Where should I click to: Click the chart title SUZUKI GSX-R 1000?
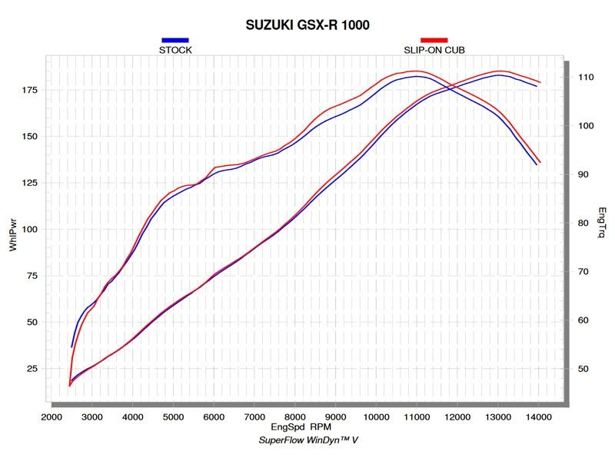pyautogui.click(x=307, y=25)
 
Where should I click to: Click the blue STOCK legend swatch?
pyautogui.click(x=175, y=40)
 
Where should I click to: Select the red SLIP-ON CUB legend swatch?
pyautogui.click(x=434, y=40)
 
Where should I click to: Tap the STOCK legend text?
pyautogui.click(x=175, y=50)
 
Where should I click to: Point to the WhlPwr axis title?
pyautogui.click(x=13, y=228)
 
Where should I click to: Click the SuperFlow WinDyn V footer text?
pyautogui.click(x=307, y=440)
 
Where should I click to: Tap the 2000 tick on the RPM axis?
pyautogui.click(x=52, y=416)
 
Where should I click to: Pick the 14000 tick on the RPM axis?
pyautogui.click(x=539, y=416)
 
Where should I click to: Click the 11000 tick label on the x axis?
pyautogui.click(x=417, y=416)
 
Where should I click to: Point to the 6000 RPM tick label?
pyautogui.click(x=214, y=416)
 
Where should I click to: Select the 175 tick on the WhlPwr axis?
pyautogui.click(x=28, y=90)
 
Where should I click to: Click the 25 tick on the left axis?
pyautogui.click(x=32, y=369)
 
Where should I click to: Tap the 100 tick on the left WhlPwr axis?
pyautogui.click(x=28, y=229)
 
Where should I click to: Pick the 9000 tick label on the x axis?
pyautogui.click(x=336, y=416)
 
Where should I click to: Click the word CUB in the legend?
pyautogui.click(x=454, y=50)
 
